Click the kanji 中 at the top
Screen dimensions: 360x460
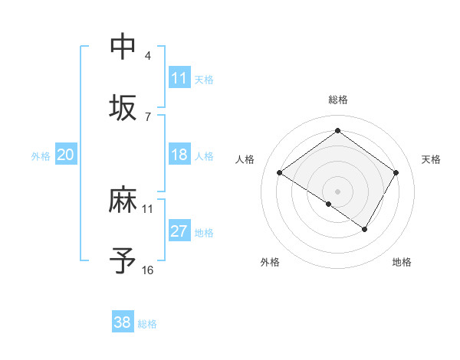coord(123,46)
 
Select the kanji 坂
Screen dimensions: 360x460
coord(123,107)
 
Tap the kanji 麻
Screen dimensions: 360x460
coord(123,201)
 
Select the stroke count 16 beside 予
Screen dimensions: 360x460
coord(147,270)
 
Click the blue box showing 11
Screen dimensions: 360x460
coord(179,78)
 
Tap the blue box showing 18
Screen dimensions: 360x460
coord(179,155)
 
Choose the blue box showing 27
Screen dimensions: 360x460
coord(179,231)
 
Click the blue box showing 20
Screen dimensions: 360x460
coord(65,155)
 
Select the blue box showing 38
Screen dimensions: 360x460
coord(123,322)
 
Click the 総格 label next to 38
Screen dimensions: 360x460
coord(147,324)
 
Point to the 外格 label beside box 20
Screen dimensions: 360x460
coord(41,156)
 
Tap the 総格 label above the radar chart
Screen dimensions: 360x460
coord(337,100)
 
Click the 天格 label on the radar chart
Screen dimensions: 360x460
coord(431,159)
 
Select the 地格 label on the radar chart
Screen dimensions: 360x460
coord(402,262)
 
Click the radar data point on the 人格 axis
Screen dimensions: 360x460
coord(280,172)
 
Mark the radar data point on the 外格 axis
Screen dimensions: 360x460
coord(329,204)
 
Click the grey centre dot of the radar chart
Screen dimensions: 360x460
coord(337,191)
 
